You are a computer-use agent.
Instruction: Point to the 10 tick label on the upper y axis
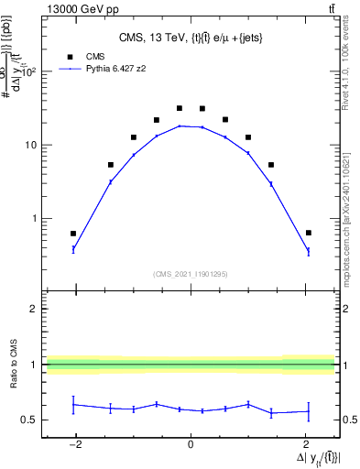(30, 145)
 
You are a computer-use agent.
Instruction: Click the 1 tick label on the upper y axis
(34, 219)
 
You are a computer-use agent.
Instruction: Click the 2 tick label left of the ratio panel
(34, 309)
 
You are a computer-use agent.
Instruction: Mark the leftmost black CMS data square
(73, 234)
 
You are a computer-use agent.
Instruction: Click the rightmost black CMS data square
(309, 233)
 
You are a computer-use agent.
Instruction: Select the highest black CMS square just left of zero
(180, 108)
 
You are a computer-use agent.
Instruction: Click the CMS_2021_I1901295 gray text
(190, 273)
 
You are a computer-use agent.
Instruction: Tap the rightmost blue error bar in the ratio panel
(309, 410)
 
